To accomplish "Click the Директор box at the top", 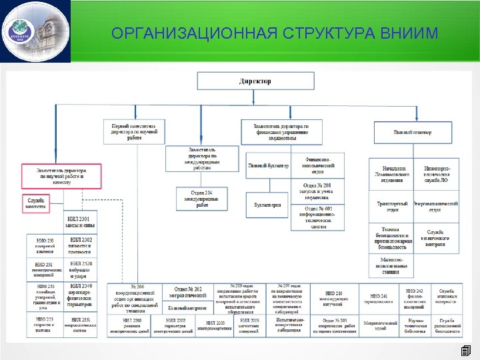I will [x=255, y=81].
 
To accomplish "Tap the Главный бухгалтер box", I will [x=268, y=165].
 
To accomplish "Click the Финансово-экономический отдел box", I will [x=317, y=165].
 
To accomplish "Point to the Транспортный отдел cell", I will [x=393, y=206].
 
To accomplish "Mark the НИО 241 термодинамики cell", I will [x=377, y=297].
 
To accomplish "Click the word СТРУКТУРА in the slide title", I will [x=330, y=33].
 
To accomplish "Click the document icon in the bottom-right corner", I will [x=466, y=351].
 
